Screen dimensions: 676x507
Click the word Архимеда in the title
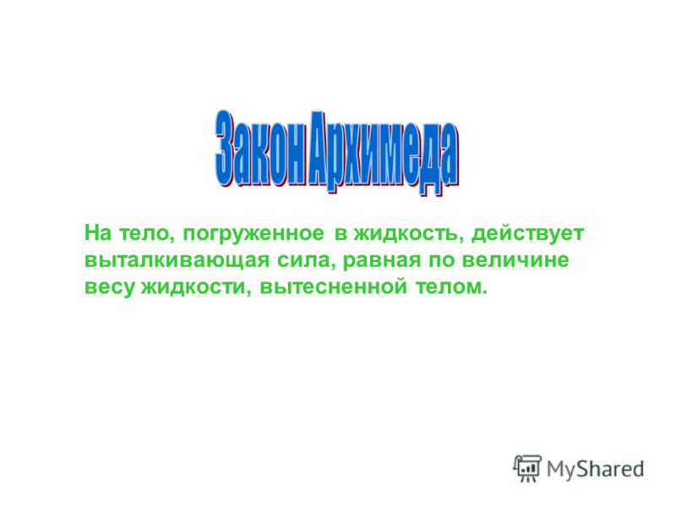pos(384,152)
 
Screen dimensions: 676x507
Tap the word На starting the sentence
pos(98,233)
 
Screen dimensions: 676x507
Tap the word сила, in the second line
pos(305,261)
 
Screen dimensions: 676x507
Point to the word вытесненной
pos(333,287)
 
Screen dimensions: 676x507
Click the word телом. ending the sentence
pos(451,287)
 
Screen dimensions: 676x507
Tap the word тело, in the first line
pos(146,234)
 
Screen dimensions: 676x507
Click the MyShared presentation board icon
pos(526,468)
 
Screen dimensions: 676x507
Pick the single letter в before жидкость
pos(341,234)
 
